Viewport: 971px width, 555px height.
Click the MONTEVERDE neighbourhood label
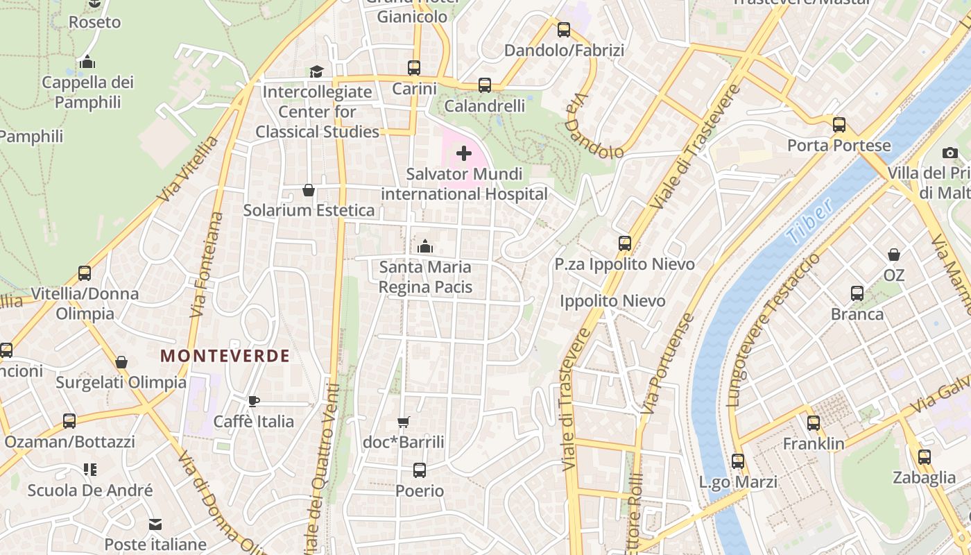(x=225, y=356)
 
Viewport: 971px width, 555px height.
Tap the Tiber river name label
(x=809, y=222)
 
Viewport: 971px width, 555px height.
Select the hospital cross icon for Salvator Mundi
(x=464, y=153)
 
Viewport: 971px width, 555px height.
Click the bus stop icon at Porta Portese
(x=839, y=125)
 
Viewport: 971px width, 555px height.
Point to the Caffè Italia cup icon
(x=254, y=401)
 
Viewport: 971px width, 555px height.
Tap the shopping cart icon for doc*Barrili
(x=404, y=422)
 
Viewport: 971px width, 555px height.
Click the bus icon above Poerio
(x=420, y=470)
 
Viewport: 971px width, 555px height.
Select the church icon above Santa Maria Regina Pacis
(x=425, y=246)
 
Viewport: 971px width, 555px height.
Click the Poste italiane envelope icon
(x=155, y=524)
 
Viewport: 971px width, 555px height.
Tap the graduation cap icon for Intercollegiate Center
(x=317, y=71)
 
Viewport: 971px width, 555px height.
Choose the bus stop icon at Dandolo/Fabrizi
(x=564, y=30)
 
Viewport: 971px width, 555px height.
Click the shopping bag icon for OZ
(x=894, y=255)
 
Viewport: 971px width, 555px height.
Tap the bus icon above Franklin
(x=814, y=422)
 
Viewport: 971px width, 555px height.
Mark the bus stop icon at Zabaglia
(x=925, y=457)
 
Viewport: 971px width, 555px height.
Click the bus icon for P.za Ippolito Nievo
(x=625, y=244)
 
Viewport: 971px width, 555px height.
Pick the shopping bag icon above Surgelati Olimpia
(x=121, y=362)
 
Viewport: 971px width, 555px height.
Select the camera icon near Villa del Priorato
(x=950, y=153)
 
